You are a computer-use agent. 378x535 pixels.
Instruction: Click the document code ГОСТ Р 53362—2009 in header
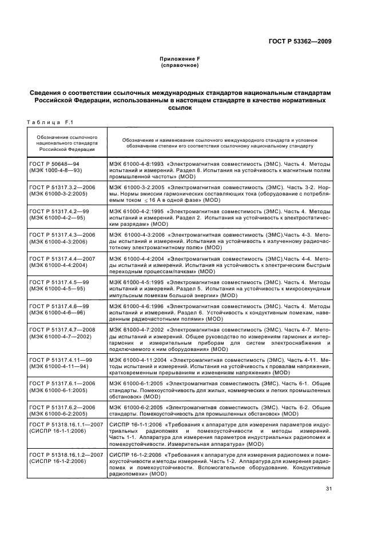pyautogui.click(x=301, y=41)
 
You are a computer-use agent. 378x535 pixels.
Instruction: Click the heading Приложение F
pyautogui.click(x=180, y=59)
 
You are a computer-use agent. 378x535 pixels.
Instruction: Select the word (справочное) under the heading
pyautogui.click(x=180, y=66)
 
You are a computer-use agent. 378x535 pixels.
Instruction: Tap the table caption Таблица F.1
pyautogui.click(x=47, y=121)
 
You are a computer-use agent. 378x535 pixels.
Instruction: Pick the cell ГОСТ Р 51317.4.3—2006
pyautogui.click(x=63, y=235)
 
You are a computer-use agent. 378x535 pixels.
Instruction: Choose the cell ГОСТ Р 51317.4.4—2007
pyautogui.click(x=63, y=259)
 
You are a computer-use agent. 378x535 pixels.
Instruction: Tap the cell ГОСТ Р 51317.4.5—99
pyautogui.click(x=59, y=283)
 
